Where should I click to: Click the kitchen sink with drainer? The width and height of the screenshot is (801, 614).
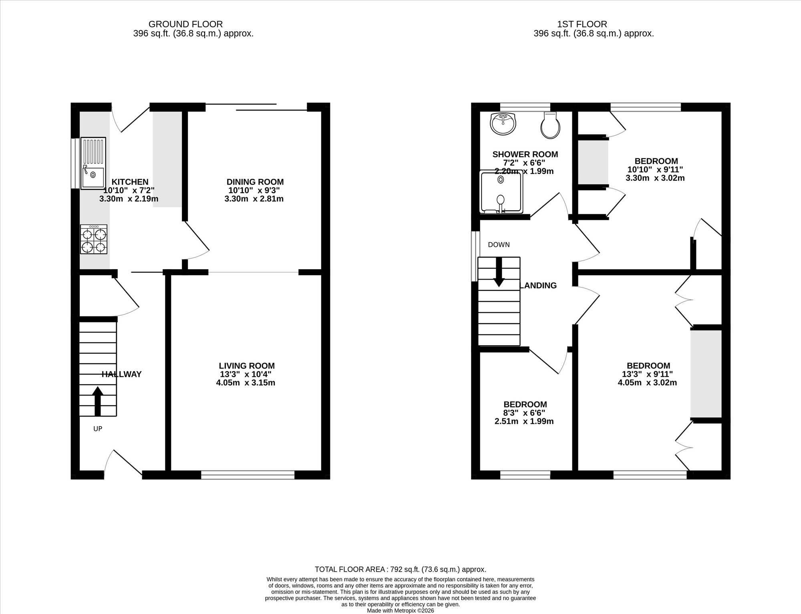point(93,163)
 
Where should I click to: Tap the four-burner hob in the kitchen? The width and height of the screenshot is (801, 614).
point(94,239)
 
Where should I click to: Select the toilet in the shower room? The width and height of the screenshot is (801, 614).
point(550,125)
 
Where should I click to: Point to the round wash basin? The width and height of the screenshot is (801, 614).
point(503,123)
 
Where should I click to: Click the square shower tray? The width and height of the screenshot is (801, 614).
point(501,192)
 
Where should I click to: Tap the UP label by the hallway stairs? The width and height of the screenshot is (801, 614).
point(98,429)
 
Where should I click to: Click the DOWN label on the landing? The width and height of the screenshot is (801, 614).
point(499,245)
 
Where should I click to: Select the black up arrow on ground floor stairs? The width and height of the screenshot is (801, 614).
point(98,401)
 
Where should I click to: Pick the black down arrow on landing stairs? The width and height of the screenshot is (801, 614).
point(499,272)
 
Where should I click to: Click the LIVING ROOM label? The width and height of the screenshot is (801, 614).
point(247,366)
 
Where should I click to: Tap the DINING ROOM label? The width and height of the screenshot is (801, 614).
point(255,182)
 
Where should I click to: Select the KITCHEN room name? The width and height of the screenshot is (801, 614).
point(130,182)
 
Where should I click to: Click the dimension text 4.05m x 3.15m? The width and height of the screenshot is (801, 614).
point(246,383)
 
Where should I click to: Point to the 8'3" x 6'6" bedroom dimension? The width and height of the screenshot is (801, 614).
point(524,413)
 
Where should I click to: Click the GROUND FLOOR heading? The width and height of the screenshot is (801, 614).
point(185,24)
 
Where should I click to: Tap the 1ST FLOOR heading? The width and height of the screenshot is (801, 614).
point(582,24)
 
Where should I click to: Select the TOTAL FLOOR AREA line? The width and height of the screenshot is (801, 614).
point(400,569)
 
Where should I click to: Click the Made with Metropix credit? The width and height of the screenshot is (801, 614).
point(400,611)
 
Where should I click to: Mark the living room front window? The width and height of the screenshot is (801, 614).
point(248,475)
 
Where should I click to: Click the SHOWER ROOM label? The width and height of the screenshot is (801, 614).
point(525,154)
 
